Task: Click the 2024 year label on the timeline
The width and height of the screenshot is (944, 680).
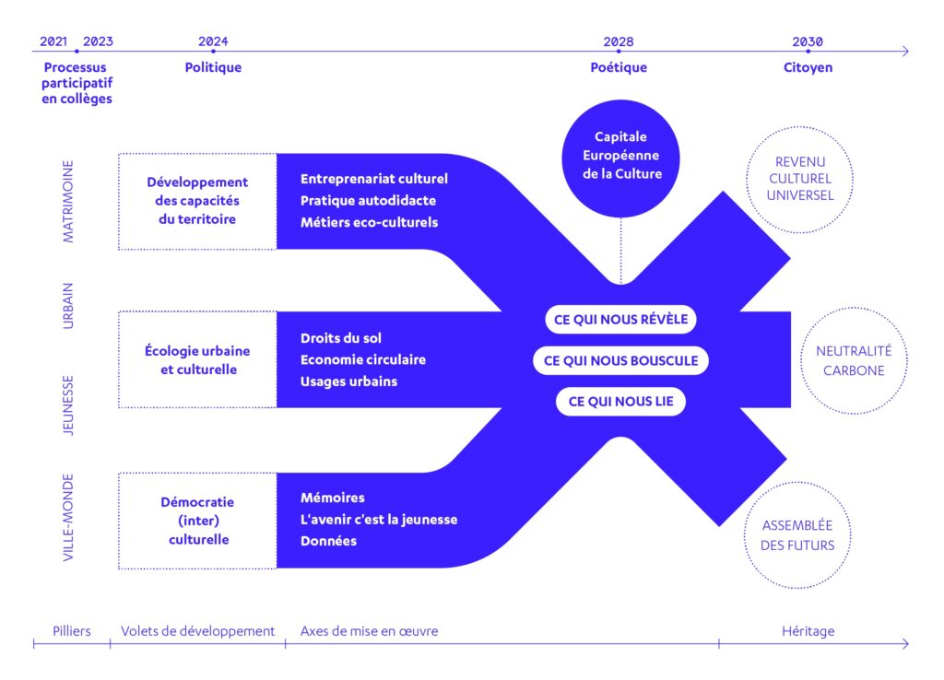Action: [213, 41]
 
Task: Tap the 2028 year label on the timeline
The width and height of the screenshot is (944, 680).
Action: [619, 41]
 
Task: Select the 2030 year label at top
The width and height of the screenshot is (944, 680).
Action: [808, 41]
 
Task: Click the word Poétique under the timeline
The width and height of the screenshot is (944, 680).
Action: [619, 67]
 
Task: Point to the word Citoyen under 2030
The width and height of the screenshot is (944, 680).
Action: [808, 67]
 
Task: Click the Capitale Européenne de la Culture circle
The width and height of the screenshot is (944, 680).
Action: [620, 155]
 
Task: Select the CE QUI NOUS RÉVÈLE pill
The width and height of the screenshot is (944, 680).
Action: [620, 320]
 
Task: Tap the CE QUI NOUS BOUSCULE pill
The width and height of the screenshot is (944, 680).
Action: [620, 360]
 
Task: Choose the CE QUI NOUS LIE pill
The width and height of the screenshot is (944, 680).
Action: [620, 401]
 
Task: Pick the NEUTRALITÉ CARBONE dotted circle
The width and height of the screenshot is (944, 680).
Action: [849, 360]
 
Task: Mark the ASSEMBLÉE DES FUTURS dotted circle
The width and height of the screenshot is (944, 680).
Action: [797, 534]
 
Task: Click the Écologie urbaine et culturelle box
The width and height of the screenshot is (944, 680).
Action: [197, 360]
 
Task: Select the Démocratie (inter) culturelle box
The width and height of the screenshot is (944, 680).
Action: [197, 521]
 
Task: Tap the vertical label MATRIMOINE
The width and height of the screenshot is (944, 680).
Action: [68, 202]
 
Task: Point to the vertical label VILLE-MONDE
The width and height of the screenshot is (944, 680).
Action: [68, 518]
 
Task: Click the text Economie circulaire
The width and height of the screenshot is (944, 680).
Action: [362, 359]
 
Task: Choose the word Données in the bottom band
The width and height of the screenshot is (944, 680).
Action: [328, 541]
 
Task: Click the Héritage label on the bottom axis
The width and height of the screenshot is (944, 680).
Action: [808, 631]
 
